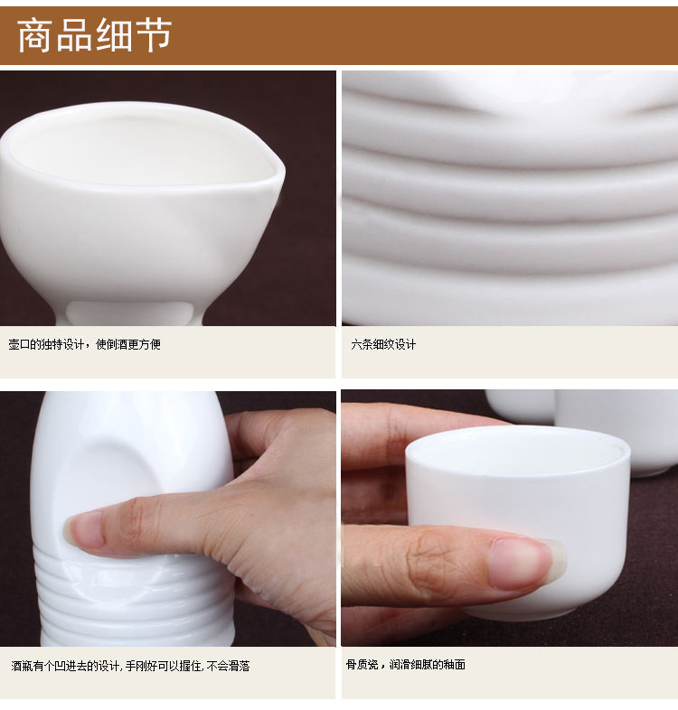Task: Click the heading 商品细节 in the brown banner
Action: [x=94, y=35]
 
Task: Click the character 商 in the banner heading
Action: [x=34, y=35]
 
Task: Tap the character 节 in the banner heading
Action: [x=152, y=35]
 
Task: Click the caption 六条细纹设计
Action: [x=383, y=344]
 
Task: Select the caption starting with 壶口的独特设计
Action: [x=85, y=344]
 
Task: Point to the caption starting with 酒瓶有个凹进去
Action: [x=130, y=666]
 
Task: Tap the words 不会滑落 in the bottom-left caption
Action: [x=229, y=666]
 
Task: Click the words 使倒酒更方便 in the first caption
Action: [x=128, y=344]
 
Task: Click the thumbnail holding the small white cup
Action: [x=528, y=564]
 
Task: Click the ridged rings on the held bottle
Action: [x=136, y=598]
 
